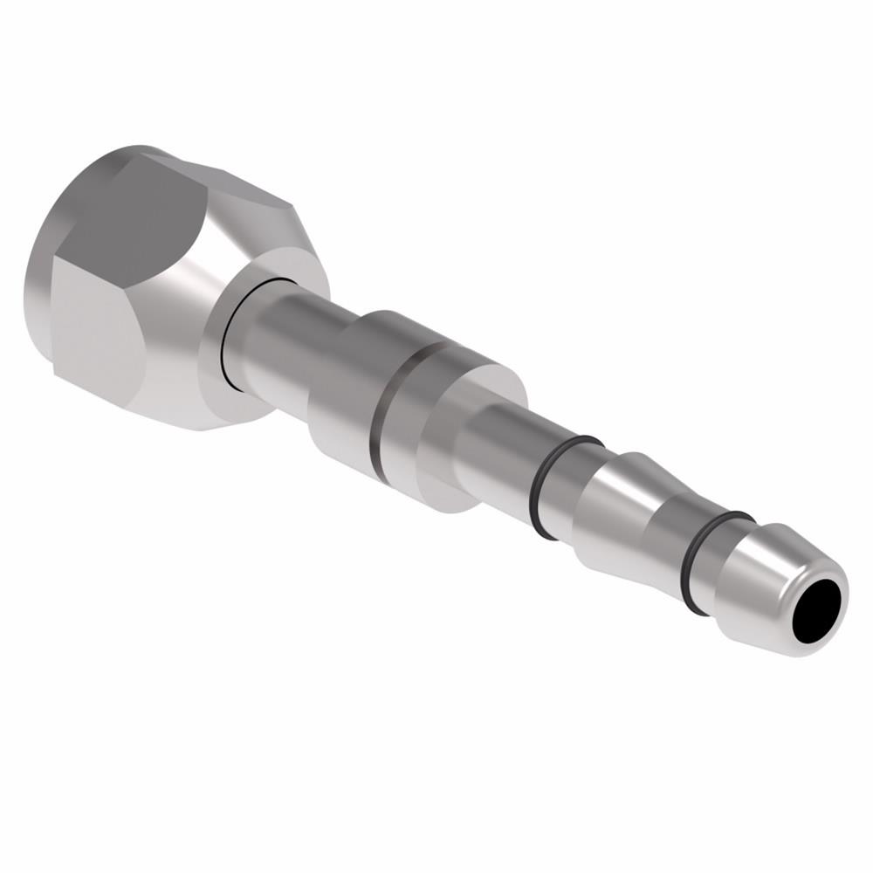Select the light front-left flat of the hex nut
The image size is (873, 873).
[x=92, y=332]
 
